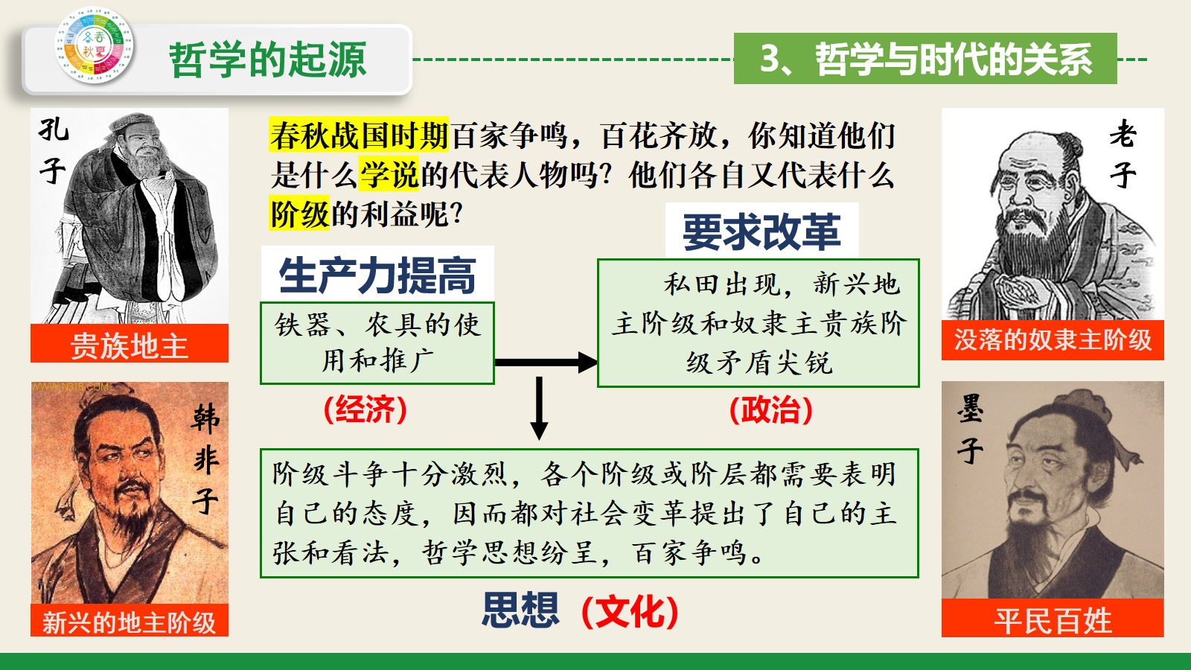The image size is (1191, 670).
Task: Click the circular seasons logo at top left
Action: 94,45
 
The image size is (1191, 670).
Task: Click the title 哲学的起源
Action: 268,60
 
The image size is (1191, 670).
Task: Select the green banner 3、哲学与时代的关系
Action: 925,59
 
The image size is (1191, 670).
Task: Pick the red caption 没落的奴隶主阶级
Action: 1053,340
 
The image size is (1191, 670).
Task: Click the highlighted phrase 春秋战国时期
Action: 359,135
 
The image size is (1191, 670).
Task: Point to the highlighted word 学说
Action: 389,174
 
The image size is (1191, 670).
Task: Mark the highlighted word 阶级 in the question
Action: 299,213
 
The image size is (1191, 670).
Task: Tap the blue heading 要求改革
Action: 762,232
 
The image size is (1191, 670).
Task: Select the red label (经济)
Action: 365,409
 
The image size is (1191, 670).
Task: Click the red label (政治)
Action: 771,409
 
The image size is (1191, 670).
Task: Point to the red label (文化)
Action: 630,611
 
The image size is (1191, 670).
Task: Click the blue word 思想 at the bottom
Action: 520,610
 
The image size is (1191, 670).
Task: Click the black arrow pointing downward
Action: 539,408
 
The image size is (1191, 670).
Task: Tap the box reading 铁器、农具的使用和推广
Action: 377,343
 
